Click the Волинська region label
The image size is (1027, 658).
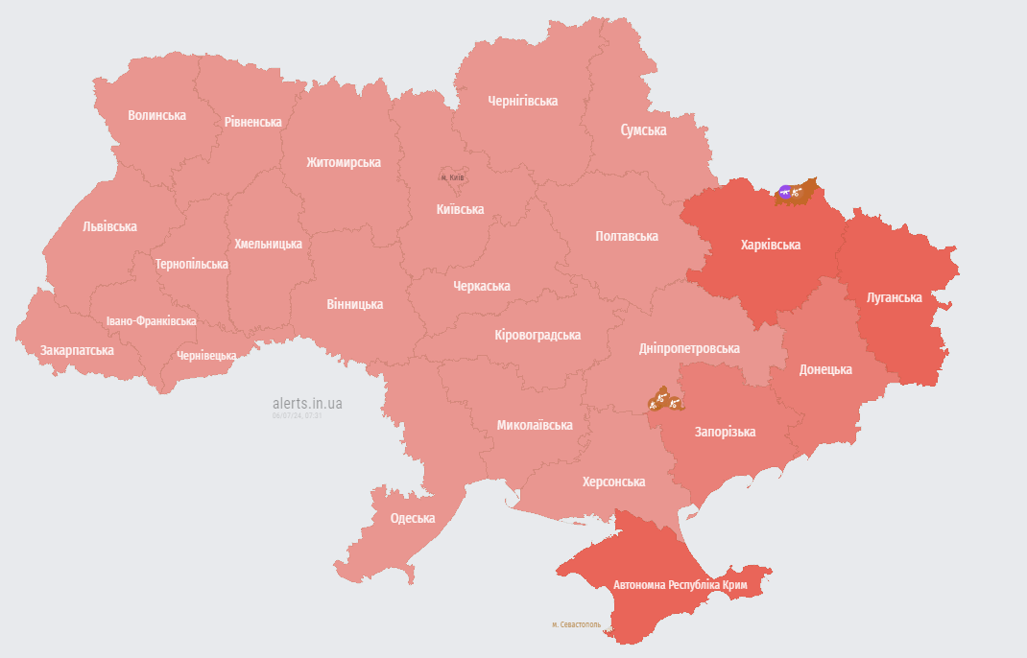click(x=156, y=115)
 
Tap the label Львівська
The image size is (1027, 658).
click(x=109, y=226)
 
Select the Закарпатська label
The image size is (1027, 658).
click(x=77, y=350)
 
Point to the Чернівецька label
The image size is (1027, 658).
click(x=206, y=356)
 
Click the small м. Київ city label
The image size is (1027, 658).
click(x=452, y=177)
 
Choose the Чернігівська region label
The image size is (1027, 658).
click(x=522, y=101)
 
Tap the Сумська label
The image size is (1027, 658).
click(x=643, y=129)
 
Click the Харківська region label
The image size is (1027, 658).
click(x=770, y=245)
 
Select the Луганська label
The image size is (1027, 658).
click(x=893, y=297)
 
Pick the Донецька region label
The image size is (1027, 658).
click(x=825, y=369)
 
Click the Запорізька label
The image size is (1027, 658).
click(x=725, y=432)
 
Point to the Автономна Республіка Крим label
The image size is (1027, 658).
click(x=681, y=584)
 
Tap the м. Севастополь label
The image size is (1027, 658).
click(x=576, y=624)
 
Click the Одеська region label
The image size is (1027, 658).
click(x=412, y=518)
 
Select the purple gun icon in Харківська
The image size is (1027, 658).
click(x=786, y=192)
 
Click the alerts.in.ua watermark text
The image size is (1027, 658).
click(x=307, y=404)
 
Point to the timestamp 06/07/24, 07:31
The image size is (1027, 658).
click(x=297, y=416)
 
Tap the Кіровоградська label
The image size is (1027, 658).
click(x=537, y=335)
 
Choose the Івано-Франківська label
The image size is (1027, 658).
click(x=152, y=321)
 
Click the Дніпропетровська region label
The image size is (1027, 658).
click(x=689, y=348)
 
